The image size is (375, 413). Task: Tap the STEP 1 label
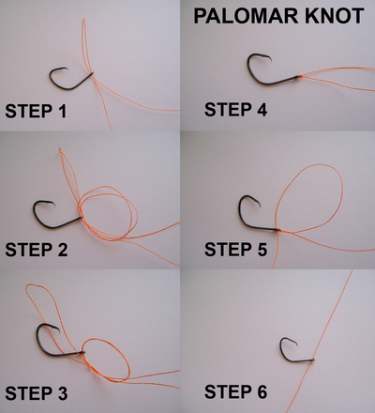[x=36, y=111]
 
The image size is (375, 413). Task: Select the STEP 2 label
[x=37, y=250]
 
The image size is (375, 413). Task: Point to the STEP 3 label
[x=37, y=393]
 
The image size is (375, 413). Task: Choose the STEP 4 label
[x=235, y=110]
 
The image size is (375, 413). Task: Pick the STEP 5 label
[x=235, y=250]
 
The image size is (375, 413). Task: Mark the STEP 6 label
[x=235, y=391]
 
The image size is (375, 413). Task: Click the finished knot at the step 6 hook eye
[x=313, y=359]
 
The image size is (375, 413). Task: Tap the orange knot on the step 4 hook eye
[x=300, y=76]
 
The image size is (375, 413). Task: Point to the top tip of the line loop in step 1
[x=83, y=20]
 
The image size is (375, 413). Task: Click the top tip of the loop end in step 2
[x=60, y=149]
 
